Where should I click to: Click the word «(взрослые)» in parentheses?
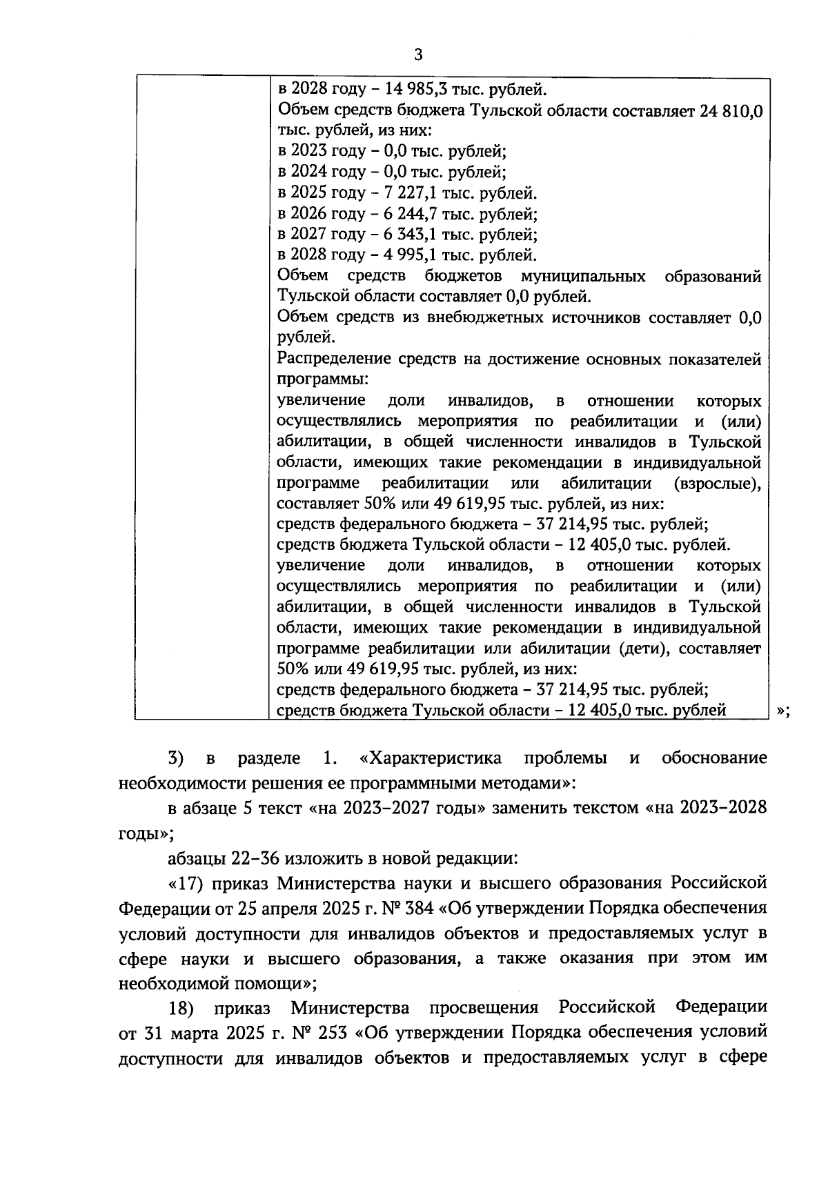(718, 484)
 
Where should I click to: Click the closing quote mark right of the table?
(782, 711)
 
